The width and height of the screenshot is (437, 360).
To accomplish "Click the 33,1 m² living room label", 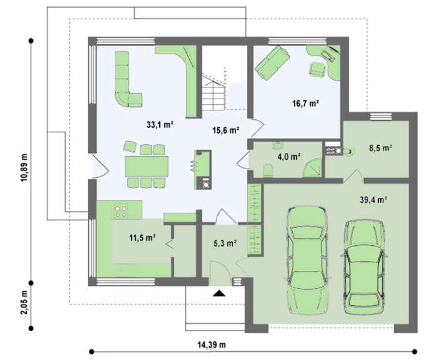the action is click(x=160, y=125).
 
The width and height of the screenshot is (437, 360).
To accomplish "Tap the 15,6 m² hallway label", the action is click(x=226, y=130).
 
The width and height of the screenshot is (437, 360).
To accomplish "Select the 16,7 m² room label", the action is click(x=305, y=104).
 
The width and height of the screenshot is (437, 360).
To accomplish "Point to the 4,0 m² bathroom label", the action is click(x=288, y=157).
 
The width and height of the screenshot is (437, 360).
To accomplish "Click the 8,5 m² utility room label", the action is click(x=381, y=148).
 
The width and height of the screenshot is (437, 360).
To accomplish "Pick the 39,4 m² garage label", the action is click(x=373, y=200).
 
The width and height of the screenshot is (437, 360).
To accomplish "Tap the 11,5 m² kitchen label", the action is click(x=142, y=238).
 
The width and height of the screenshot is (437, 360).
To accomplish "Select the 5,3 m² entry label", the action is click(x=225, y=243).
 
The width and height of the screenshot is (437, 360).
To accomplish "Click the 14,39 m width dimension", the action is click(x=212, y=345).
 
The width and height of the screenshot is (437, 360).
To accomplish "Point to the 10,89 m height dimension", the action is click(x=24, y=167).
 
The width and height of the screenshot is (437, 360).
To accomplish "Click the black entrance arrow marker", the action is click(x=219, y=293).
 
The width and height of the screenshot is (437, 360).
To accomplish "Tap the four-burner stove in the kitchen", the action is click(x=120, y=211).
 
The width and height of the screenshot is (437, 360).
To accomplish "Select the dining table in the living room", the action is click(x=147, y=166).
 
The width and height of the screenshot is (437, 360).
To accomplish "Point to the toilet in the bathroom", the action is click(x=268, y=170).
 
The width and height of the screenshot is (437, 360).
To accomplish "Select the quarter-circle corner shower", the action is click(x=313, y=168).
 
